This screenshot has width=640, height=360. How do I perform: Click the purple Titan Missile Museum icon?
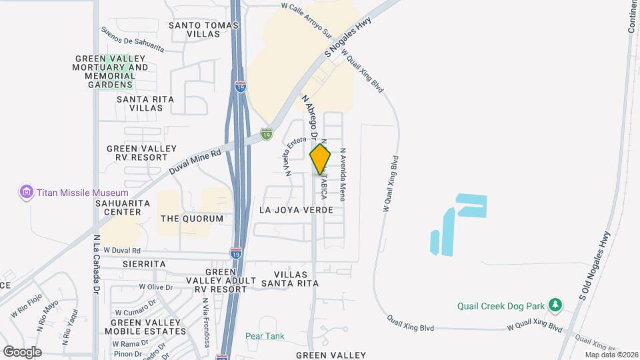coord(27,193)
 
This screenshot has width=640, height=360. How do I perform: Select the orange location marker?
coord(320,159)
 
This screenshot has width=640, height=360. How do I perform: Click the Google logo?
coord(22,352)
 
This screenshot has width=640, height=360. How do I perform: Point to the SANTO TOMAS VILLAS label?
coord(203,29)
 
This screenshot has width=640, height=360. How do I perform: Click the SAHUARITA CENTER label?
coord(118,207)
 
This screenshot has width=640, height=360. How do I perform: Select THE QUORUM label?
coord(192,219)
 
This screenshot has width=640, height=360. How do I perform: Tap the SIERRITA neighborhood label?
coord(144,264)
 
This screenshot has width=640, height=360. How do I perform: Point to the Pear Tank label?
coord(265,336)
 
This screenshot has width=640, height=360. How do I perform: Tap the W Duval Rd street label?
coord(122,251)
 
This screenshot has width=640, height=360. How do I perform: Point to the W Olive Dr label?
coord(156,287)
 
